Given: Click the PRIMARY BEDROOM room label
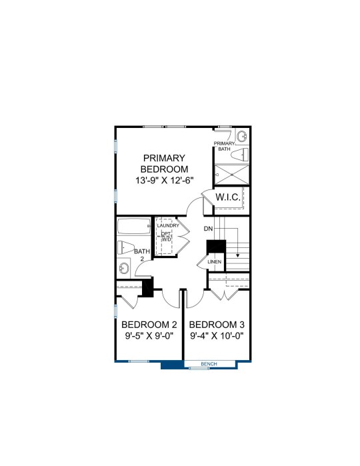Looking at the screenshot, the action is click(x=164, y=163).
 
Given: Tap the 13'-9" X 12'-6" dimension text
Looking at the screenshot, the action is click(x=165, y=181).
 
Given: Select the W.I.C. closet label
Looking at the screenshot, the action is click(x=228, y=197).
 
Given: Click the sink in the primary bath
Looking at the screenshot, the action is click(x=242, y=137).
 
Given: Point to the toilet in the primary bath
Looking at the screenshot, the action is click(x=239, y=154).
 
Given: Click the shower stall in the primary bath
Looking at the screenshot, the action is click(x=232, y=175).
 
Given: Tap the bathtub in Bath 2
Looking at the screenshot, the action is click(x=134, y=227).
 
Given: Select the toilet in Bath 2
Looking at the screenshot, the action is click(x=126, y=247).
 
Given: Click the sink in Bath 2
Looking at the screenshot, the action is click(x=123, y=269).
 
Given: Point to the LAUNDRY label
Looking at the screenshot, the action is click(x=168, y=225).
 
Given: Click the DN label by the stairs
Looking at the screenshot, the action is click(x=209, y=229).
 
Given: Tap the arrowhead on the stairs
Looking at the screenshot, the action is click(x=237, y=255).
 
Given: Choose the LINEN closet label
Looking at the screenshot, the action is click(x=215, y=262).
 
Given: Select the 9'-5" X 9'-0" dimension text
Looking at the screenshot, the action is click(x=149, y=336).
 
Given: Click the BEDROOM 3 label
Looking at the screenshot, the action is click(x=217, y=325).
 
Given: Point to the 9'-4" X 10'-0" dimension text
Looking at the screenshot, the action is click(x=217, y=336).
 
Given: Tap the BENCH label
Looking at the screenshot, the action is click(x=209, y=364).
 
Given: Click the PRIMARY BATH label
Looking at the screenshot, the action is click(x=225, y=146).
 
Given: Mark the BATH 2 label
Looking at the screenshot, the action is click(x=142, y=255).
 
